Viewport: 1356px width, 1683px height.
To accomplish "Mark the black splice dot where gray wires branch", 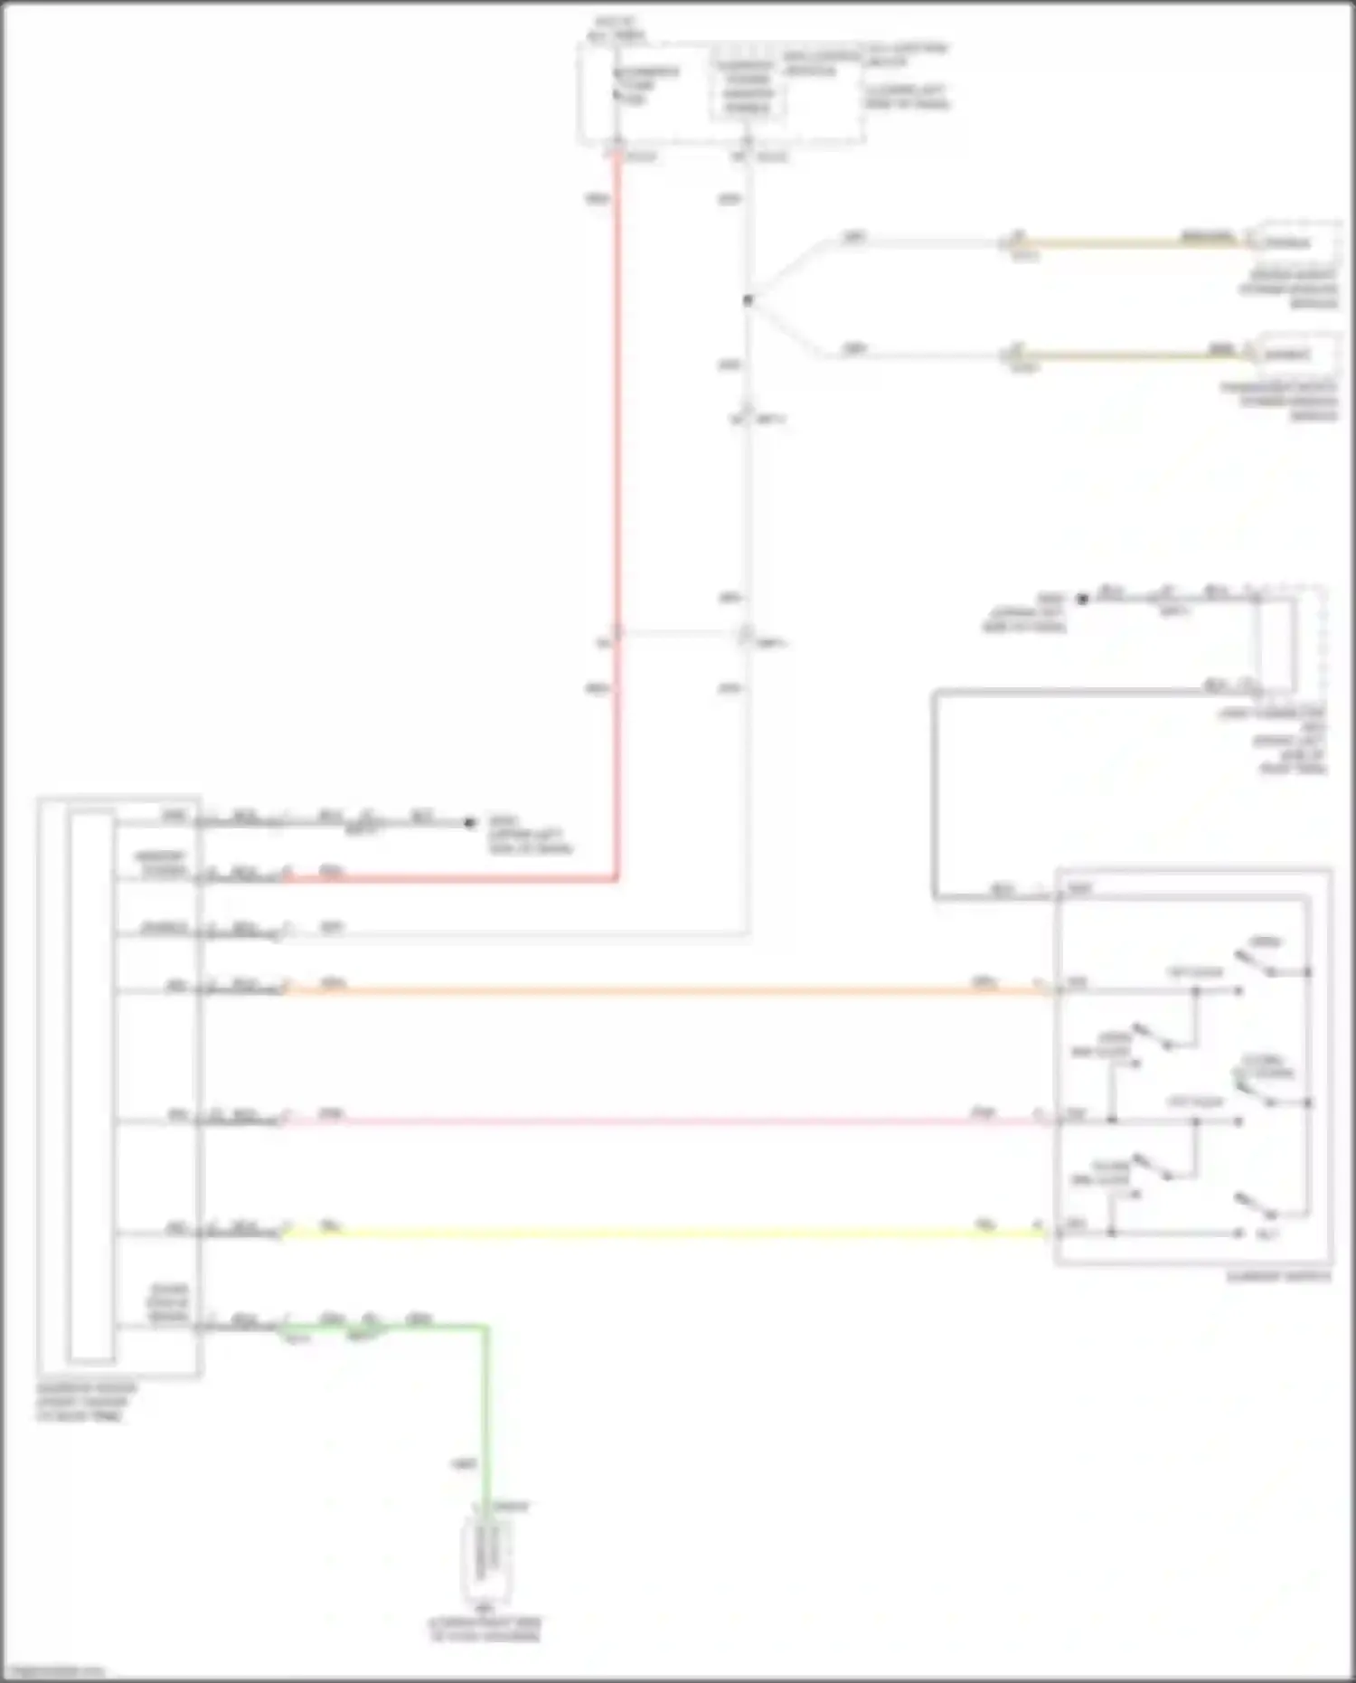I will pos(748,300).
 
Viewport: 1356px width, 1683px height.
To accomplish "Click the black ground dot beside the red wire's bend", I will pos(469,822).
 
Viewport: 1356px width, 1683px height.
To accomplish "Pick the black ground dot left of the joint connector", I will pos(1082,599).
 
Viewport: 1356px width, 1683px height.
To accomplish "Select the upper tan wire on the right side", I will pos(1130,243).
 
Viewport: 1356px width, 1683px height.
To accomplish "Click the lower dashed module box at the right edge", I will pos(1296,355).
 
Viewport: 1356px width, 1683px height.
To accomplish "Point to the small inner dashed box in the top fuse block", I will pos(748,87).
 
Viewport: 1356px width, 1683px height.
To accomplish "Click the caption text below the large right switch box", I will pos(1278,1277).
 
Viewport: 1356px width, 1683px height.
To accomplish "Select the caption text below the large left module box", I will pos(87,1402).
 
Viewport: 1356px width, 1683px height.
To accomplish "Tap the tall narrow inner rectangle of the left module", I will pos(91,1085).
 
